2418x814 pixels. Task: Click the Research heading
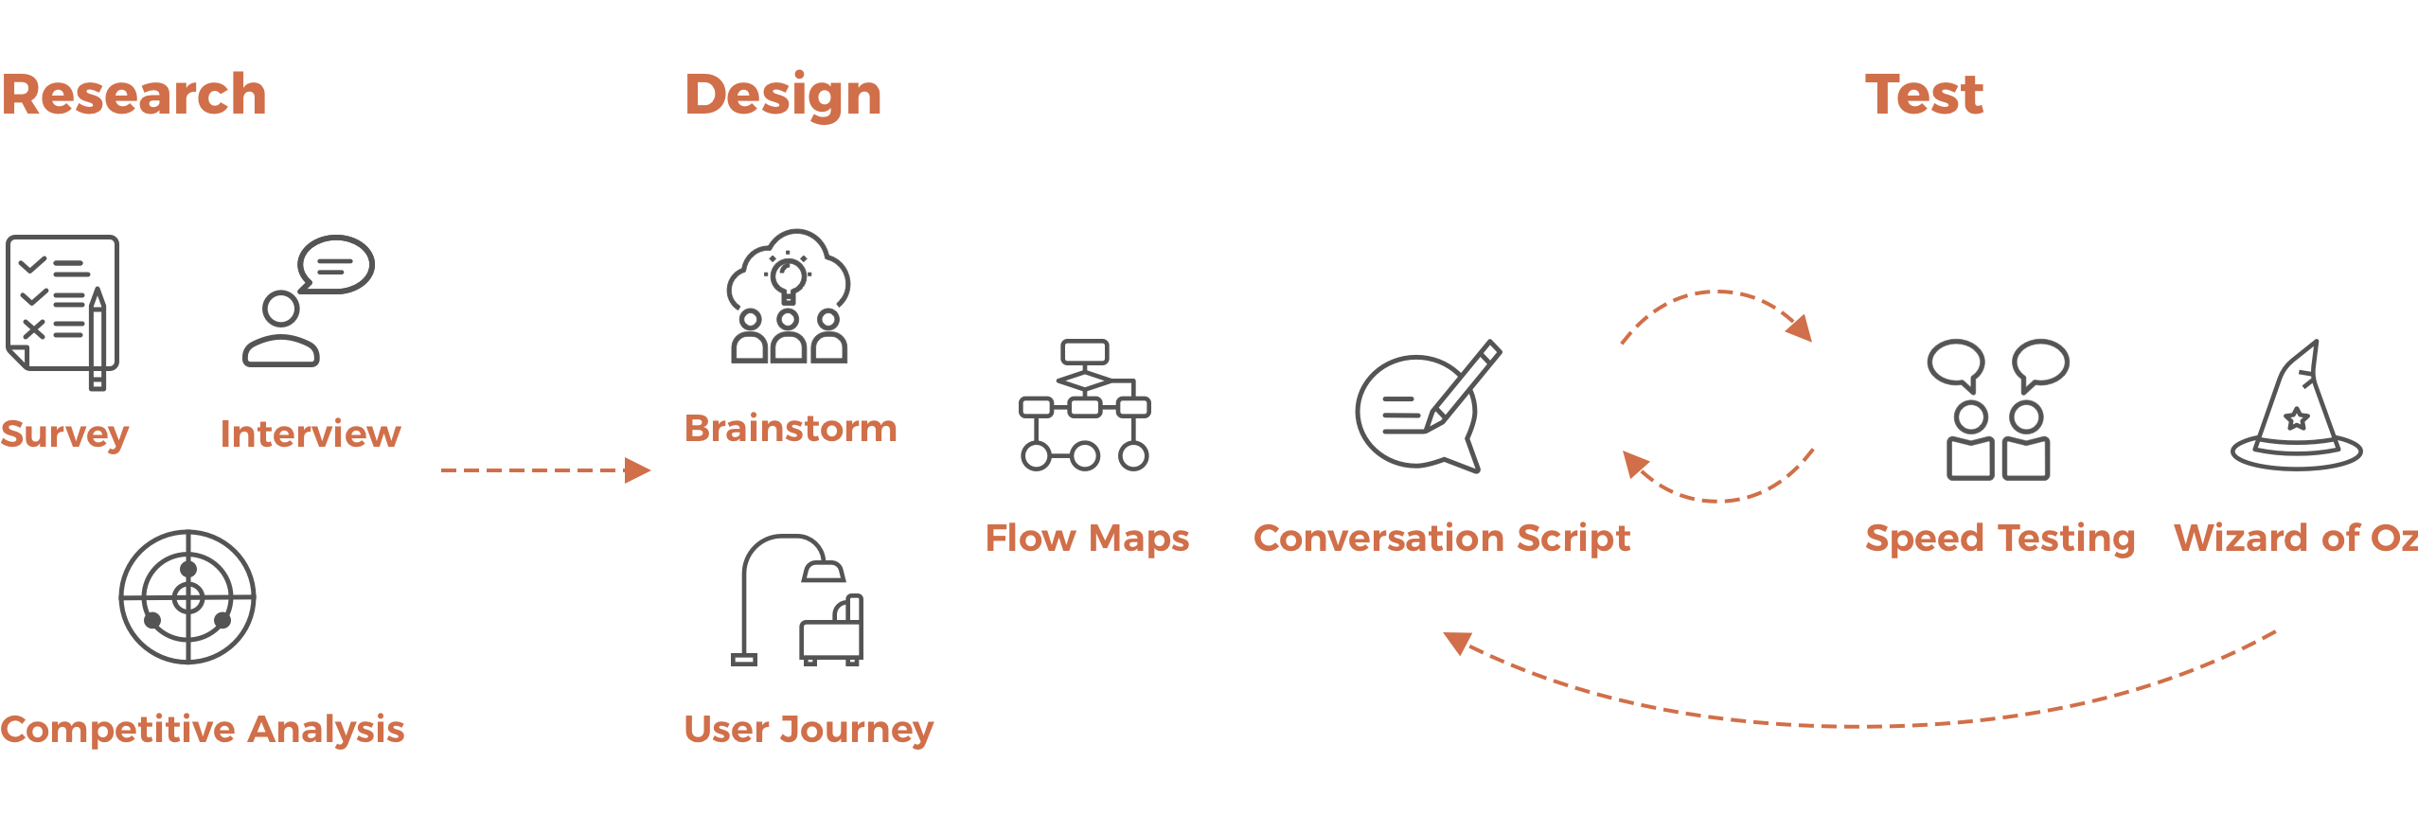(x=133, y=95)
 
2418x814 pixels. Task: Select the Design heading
(x=783, y=97)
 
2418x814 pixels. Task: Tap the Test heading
(x=1924, y=95)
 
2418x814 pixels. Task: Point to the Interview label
(x=311, y=434)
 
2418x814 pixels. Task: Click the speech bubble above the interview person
(x=336, y=264)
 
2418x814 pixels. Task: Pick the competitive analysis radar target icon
(x=187, y=596)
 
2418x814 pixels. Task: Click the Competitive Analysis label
(x=203, y=729)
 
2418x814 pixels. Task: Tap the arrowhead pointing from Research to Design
(x=638, y=470)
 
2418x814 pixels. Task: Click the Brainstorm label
(x=791, y=429)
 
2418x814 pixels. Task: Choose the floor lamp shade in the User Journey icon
(x=823, y=570)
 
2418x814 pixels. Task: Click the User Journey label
(x=809, y=729)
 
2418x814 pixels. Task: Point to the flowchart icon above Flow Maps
(x=1085, y=405)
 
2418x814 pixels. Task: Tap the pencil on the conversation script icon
(x=1462, y=387)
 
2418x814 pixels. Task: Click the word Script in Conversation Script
(x=1573, y=539)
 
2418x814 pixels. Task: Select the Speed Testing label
(x=2000, y=539)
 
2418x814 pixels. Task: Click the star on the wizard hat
(x=2297, y=418)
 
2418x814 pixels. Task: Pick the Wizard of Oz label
(x=2296, y=538)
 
